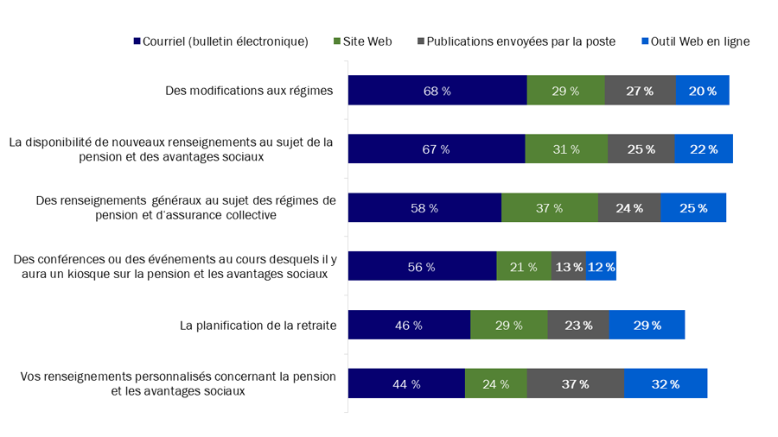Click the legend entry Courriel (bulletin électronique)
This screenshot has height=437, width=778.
[220, 41]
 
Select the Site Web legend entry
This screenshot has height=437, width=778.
[362, 41]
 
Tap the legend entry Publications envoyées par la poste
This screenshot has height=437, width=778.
[516, 41]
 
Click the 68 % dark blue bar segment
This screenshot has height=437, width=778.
[437, 91]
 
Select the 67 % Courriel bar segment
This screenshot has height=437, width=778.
[437, 149]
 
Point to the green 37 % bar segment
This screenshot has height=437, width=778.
[550, 208]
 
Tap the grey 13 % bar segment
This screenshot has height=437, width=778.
[568, 267]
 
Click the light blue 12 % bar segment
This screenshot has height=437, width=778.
[601, 267]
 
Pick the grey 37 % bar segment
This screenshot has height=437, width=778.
[575, 384]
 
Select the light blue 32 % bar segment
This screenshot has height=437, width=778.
[666, 384]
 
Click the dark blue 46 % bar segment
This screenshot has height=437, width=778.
[409, 326]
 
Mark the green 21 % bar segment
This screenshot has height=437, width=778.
[524, 267]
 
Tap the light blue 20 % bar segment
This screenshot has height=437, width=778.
[702, 91]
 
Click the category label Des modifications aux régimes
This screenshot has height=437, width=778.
[249, 91]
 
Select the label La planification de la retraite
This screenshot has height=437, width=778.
[258, 326]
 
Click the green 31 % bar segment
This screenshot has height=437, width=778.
[566, 149]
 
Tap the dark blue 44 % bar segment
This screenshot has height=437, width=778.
[406, 384]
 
